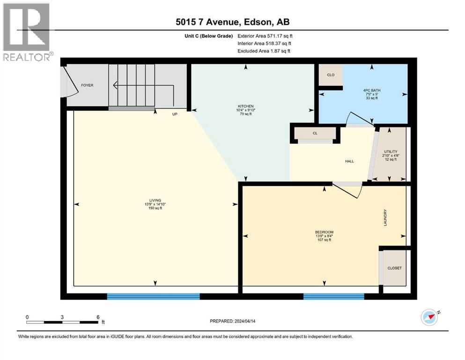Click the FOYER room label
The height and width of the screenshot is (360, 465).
pos(87,85)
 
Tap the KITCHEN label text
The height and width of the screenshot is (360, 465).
pos(245,106)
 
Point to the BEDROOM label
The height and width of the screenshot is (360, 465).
pos(324,232)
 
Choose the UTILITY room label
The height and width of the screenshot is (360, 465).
pos(391,151)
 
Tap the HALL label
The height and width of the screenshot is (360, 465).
pos(349,161)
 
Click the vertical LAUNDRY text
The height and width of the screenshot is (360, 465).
pos(385,217)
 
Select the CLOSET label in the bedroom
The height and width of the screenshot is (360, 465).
pos(394,268)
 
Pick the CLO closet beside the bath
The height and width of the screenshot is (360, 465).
pos(331,75)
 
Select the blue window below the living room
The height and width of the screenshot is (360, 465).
pos(153,296)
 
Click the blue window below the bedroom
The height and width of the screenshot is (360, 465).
pos(333,296)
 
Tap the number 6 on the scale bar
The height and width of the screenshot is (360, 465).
pos(98,317)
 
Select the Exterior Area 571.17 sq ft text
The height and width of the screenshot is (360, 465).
pos(265,36)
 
